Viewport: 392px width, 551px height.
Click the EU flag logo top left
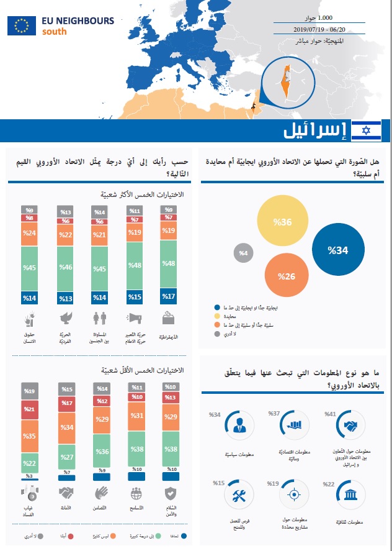(22, 25)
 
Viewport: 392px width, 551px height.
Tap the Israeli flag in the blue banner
(366, 131)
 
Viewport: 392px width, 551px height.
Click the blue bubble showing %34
(339, 250)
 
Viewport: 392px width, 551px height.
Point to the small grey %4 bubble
(243, 253)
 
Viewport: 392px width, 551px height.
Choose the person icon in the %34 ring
(238, 426)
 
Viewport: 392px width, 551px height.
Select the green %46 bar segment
(65, 268)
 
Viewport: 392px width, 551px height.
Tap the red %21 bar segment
(29, 409)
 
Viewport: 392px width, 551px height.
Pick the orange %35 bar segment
(29, 437)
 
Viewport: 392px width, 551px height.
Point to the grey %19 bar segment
(29, 391)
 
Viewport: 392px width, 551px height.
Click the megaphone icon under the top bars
(134, 319)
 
